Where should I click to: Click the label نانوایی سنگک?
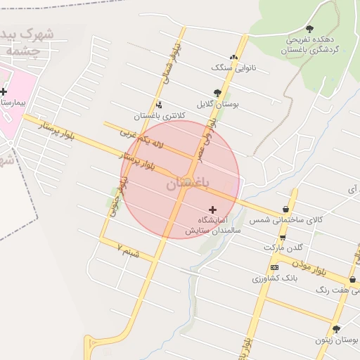tap(230, 67)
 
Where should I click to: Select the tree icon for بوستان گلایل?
tap(218, 93)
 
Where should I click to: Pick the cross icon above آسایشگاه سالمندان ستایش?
tap(213, 210)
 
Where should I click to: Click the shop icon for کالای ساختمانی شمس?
tap(285, 209)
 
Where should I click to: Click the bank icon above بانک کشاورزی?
tap(274, 267)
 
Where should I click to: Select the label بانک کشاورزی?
tap(276, 278)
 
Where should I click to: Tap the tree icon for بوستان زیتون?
tap(336, 328)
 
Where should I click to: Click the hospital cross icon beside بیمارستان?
tap(4, 91)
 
